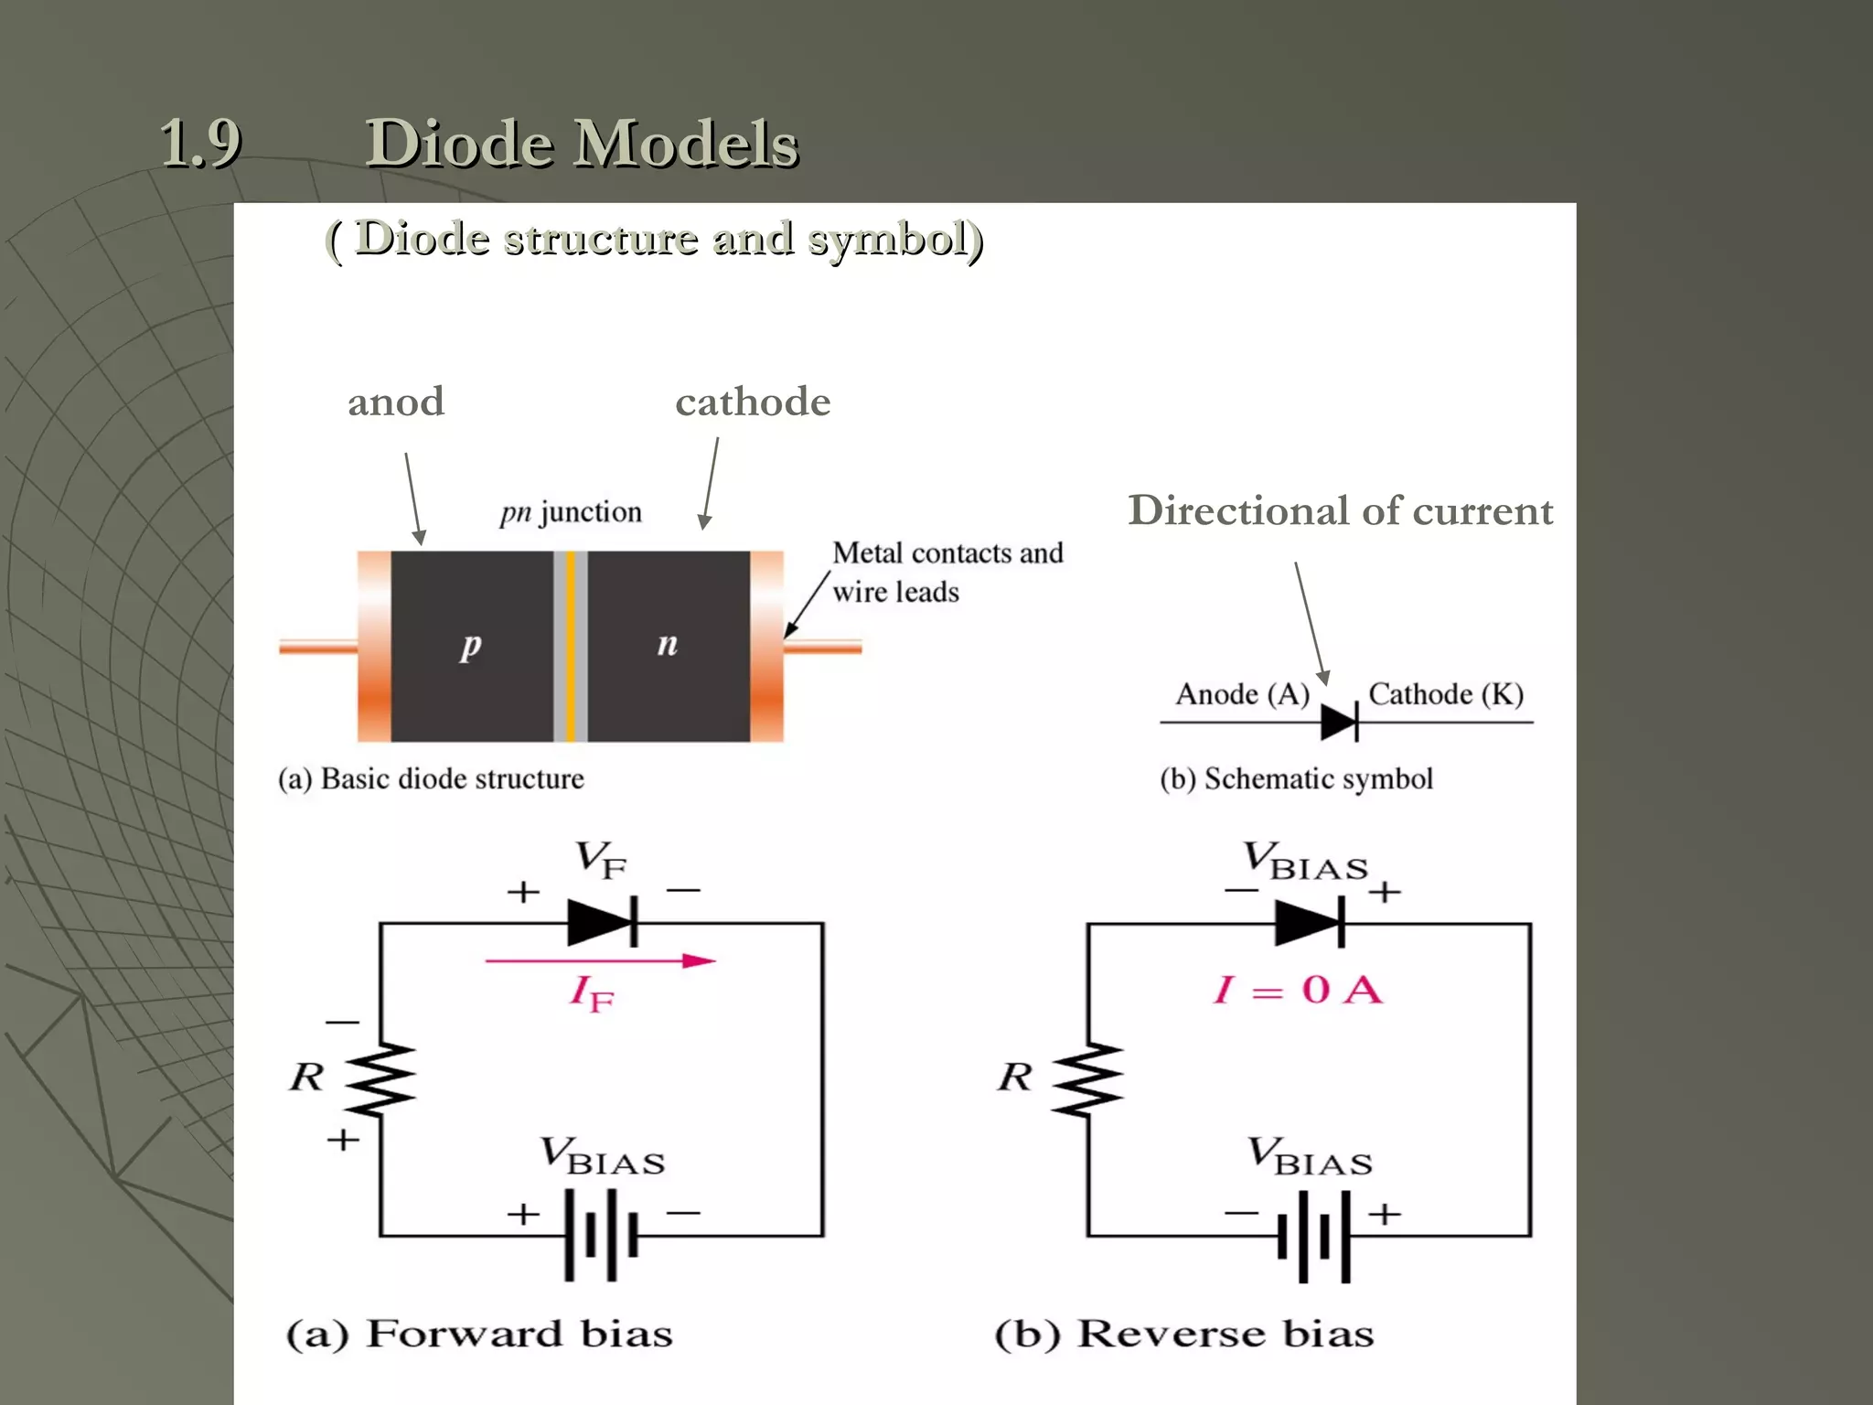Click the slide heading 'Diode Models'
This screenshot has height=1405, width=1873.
[x=582, y=144]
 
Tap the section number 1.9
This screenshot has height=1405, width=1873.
[x=200, y=144]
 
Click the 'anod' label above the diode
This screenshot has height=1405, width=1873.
[x=395, y=402]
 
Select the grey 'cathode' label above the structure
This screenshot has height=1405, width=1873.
[x=753, y=402]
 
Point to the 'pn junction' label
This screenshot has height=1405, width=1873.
[x=571, y=511]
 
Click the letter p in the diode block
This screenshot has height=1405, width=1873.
[x=470, y=645]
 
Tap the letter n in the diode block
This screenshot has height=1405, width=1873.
[x=668, y=644]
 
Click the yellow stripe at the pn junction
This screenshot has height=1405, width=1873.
[x=571, y=646]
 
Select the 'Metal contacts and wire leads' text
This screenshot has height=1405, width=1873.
[x=947, y=572]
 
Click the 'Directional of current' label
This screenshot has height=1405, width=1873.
[x=1340, y=510]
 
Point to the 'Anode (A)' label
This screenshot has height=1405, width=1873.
[x=1242, y=694]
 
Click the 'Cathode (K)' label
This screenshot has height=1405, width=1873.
[x=1445, y=694]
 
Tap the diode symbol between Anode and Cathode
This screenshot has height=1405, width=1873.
[x=1340, y=723]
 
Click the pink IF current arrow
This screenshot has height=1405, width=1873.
[x=600, y=961]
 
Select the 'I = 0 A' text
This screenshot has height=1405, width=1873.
[x=1298, y=990]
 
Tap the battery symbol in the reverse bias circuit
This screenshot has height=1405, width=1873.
[x=1314, y=1236]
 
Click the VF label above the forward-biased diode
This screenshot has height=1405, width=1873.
[x=601, y=860]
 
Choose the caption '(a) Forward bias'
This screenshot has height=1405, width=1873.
[x=479, y=1334]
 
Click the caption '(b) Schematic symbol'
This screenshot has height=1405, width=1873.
[x=1296, y=779]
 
